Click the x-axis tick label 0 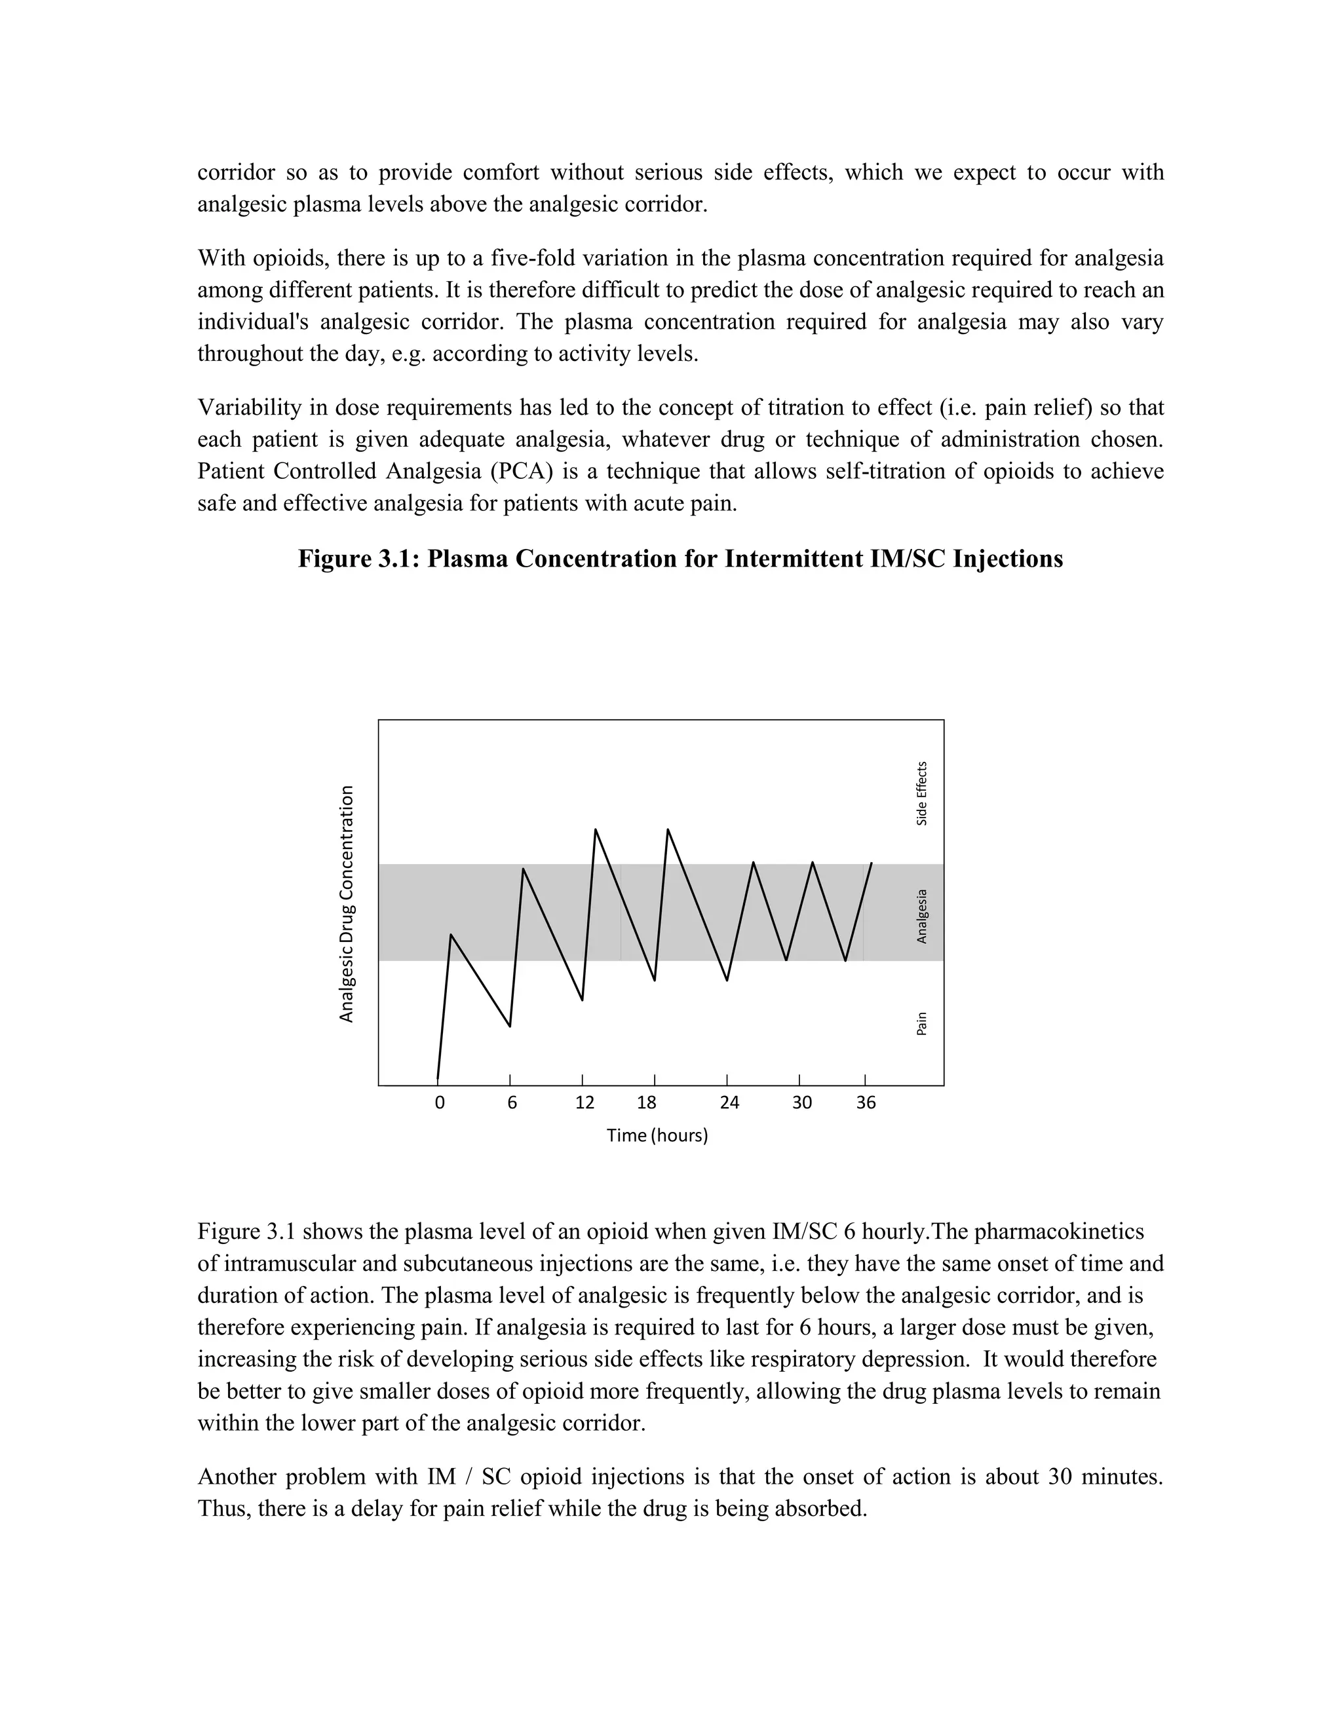(x=440, y=1103)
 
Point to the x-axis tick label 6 (x=512, y=1103)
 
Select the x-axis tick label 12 (x=585, y=1103)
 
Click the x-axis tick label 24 (x=729, y=1103)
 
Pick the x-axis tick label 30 (x=801, y=1103)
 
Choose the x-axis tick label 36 (x=866, y=1103)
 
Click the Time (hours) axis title (x=657, y=1135)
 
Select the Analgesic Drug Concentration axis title (x=346, y=904)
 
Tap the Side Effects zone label (x=921, y=793)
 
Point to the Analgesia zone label (x=921, y=916)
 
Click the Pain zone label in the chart (x=921, y=1023)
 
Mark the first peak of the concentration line (x=451, y=935)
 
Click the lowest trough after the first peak (x=510, y=1026)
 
